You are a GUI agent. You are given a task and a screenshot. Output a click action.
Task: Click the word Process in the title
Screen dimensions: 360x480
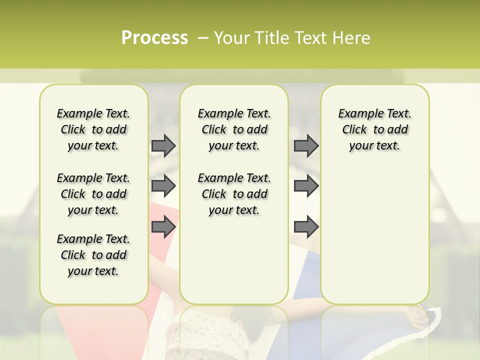(154, 38)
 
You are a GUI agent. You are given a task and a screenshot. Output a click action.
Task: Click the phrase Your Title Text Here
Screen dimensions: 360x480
(292, 38)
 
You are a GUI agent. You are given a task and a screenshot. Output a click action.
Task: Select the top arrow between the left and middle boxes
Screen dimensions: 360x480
(163, 145)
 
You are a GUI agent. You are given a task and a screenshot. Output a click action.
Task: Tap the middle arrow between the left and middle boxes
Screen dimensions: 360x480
(163, 186)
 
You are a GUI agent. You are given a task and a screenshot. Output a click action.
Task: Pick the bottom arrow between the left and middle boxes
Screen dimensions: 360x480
(163, 227)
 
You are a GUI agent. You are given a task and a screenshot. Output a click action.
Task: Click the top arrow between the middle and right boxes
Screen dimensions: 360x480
(306, 145)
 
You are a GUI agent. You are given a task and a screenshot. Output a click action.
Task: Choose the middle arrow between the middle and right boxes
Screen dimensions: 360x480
(306, 186)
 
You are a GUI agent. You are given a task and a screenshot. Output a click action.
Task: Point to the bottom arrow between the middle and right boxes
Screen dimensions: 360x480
(306, 227)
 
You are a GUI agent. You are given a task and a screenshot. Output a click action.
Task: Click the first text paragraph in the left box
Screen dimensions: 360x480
(93, 129)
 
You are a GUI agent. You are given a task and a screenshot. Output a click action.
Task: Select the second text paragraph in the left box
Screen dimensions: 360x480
(93, 194)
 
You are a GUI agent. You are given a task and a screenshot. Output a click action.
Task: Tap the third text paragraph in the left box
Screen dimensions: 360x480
(93, 255)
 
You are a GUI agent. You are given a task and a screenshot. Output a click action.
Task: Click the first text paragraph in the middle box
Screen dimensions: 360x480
(234, 129)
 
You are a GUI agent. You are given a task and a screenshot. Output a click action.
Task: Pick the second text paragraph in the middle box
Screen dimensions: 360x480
(234, 194)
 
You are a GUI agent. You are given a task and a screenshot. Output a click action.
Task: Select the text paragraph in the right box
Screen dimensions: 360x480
(374, 129)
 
